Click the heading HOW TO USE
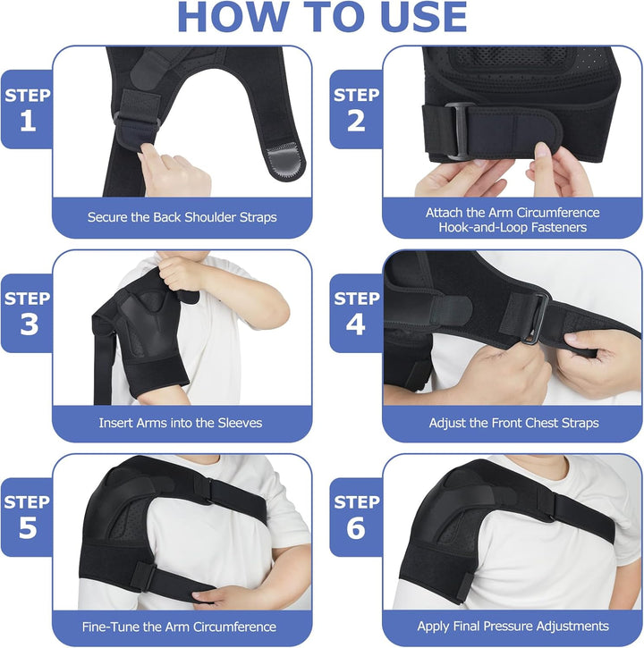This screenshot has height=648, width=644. [x=322, y=18]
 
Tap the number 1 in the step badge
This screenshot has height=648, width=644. [x=28, y=122]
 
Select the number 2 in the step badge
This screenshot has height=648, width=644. [x=356, y=122]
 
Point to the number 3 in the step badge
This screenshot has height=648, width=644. [x=28, y=324]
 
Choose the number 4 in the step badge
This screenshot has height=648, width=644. [x=356, y=324]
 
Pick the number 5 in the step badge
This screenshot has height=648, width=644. [x=28, y=527]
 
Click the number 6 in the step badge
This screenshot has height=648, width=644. [x=356, y=527]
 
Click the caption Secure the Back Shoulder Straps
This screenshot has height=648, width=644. [x=182, y=217]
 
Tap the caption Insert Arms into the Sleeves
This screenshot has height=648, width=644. [x=182, y=422]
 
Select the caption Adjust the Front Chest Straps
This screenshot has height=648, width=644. [x=513, y=422]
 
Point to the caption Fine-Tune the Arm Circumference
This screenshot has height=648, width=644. [x=182, y=627]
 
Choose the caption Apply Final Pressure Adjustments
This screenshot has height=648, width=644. [x=513, y=627]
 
